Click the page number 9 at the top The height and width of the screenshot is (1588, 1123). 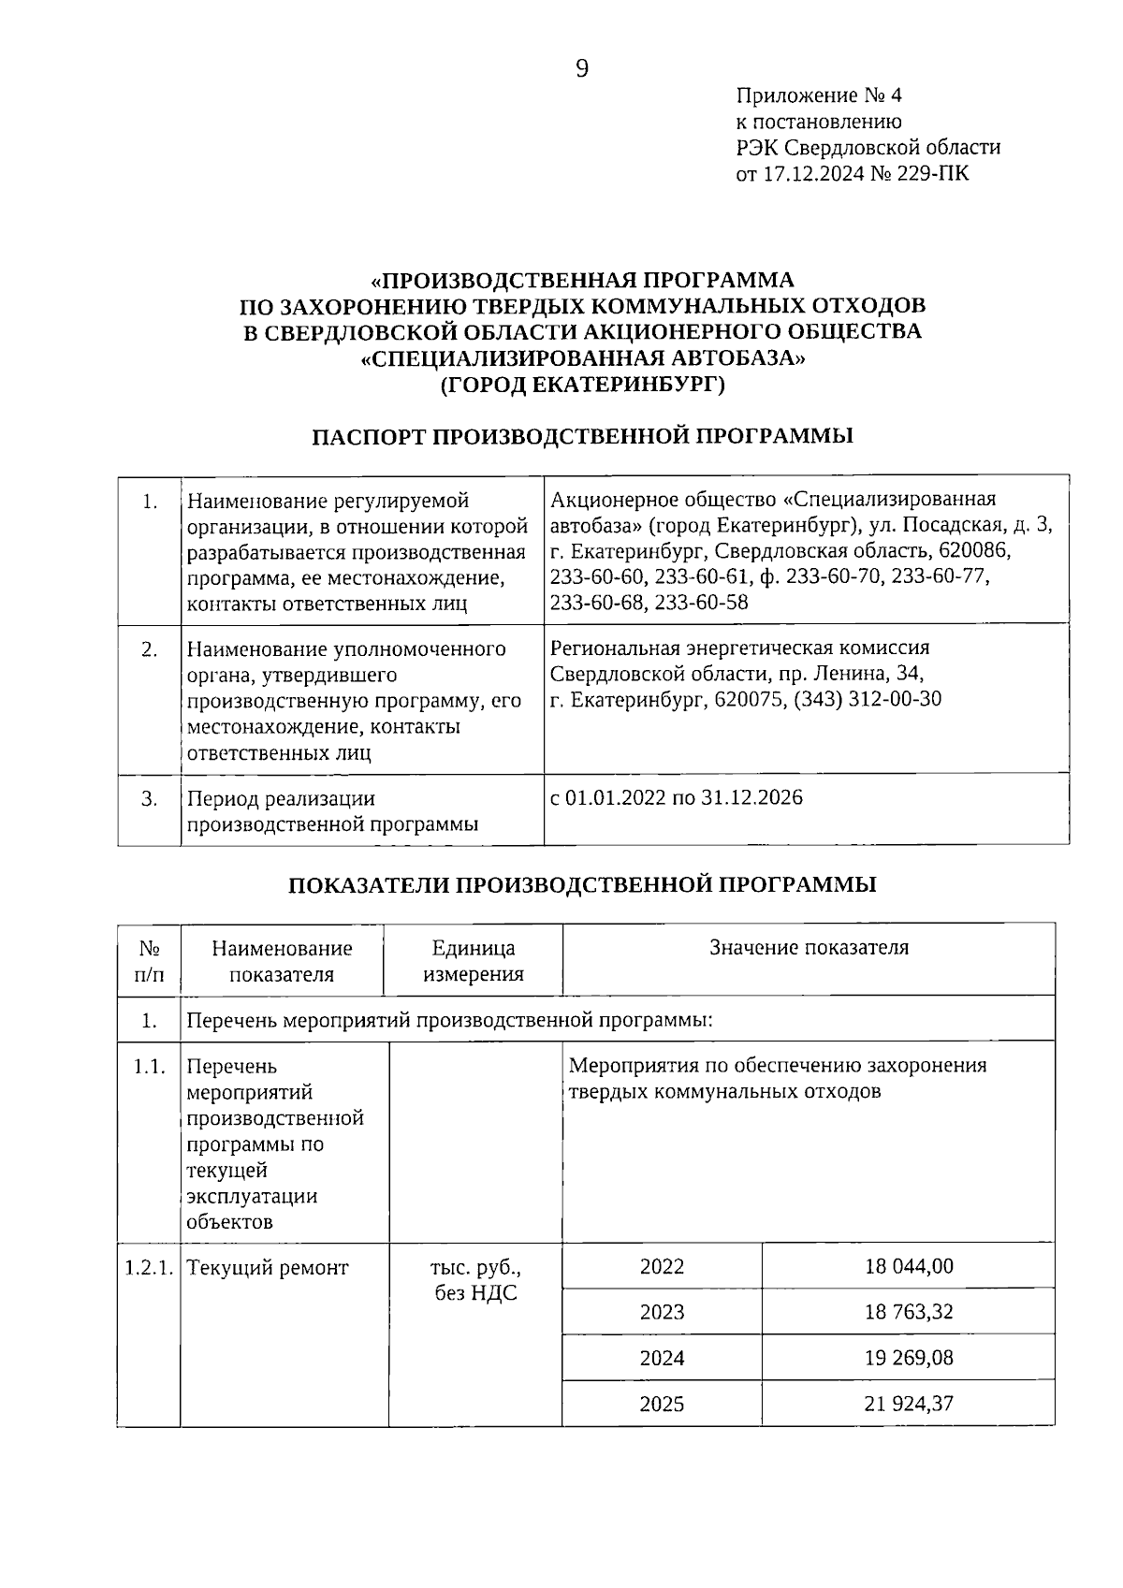[581, 68]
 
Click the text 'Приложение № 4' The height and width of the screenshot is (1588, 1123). [819, 95]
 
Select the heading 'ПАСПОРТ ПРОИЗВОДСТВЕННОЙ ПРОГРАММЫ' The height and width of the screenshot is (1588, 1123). [581, 436]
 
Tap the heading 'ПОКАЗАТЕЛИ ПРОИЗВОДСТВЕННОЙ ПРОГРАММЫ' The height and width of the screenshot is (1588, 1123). [581, 884]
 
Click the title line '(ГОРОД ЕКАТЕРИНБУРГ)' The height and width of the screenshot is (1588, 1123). [581, 384]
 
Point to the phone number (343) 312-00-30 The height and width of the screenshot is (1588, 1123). [868, 699]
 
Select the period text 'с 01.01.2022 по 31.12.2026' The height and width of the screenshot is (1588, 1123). [677, 797]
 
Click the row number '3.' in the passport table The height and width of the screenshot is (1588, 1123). [150, 798]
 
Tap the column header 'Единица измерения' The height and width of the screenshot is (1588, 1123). [473, 960]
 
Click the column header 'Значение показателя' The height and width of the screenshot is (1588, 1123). [809, 947]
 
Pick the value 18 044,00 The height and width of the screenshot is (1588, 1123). [908, 1266]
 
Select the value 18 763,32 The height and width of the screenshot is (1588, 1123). [908, 1312]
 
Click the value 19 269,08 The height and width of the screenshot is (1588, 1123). [908, 1358]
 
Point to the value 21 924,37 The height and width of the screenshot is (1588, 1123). [908, 1404]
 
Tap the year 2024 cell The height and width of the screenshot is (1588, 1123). [662, 1358]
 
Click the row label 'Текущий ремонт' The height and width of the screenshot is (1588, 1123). [268, 1268]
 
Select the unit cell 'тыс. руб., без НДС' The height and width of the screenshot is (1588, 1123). [475, 1280]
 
